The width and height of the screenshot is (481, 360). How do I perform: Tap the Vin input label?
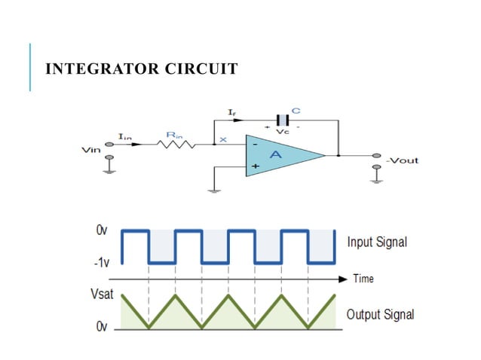[x=90, y=150]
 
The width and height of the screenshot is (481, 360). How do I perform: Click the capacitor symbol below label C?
[x=283, y=121]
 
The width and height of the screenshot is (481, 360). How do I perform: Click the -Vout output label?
[x=401, y=160]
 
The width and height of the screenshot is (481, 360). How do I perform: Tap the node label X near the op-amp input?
[x=223, y=139]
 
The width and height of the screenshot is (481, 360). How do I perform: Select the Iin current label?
[x=124, y=135]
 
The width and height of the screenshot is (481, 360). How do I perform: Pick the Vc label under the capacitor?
[x=283, y=132]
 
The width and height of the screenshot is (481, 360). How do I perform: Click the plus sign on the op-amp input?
[x=255, y=166]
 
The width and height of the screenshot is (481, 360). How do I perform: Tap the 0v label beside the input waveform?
[x=102, y=230]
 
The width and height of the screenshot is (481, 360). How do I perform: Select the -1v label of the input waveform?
[x=100, y=264]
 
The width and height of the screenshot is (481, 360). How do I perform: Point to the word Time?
[x=363, y=279]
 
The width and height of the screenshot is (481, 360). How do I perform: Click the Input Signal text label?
[x=376, y=243]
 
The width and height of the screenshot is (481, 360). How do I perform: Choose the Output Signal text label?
[x=380, y=314]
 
